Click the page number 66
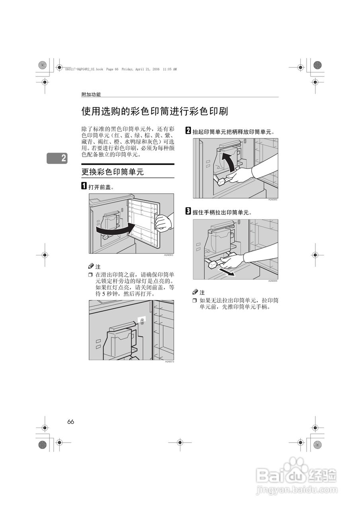pos(71,422)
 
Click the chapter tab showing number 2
pos(57,158)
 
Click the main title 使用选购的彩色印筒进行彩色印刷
pos(155,111)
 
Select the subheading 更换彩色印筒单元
pos(112,172)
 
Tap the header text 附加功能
pos(91,94)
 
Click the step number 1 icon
pos(84,186)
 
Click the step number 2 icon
pos(188,131)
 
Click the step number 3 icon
pos(188,212)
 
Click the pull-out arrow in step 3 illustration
pos(225,273)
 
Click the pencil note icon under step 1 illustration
pos(91,266)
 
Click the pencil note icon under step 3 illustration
pos(195,292)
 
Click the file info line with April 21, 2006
pos(121,69)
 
